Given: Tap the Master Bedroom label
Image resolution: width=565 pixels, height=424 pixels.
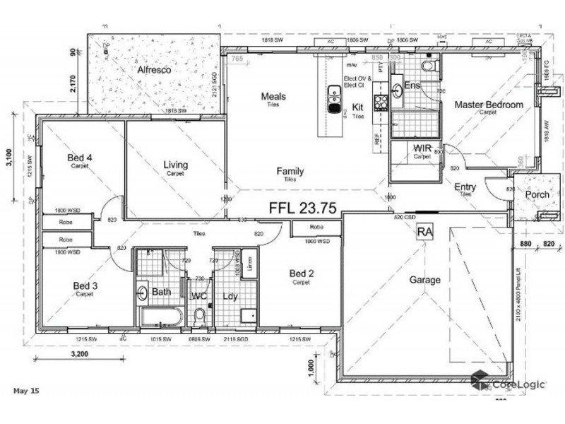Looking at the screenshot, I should click(x=489, y=105).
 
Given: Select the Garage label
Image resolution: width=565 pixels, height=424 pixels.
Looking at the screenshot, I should click(x=425, y=280).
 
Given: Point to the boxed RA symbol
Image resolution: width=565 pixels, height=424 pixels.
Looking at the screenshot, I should click(x=424, y=231).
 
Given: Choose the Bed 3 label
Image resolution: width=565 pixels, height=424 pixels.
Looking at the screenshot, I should click(x=84, y=285).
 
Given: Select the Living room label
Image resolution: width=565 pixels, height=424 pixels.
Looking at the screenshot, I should click(x=174, y=165).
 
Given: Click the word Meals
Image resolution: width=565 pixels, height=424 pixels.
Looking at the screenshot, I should click(x=273, y=96).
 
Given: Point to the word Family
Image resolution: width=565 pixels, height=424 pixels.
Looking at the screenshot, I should click(x=290, y=171).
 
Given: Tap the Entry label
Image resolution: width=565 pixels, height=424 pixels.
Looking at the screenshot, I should click(x=465, y=187).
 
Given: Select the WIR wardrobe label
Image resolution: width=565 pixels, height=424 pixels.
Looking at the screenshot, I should click(x=422, y=148).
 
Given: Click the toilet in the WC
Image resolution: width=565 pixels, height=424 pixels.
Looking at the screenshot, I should click(x=199, y=314).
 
